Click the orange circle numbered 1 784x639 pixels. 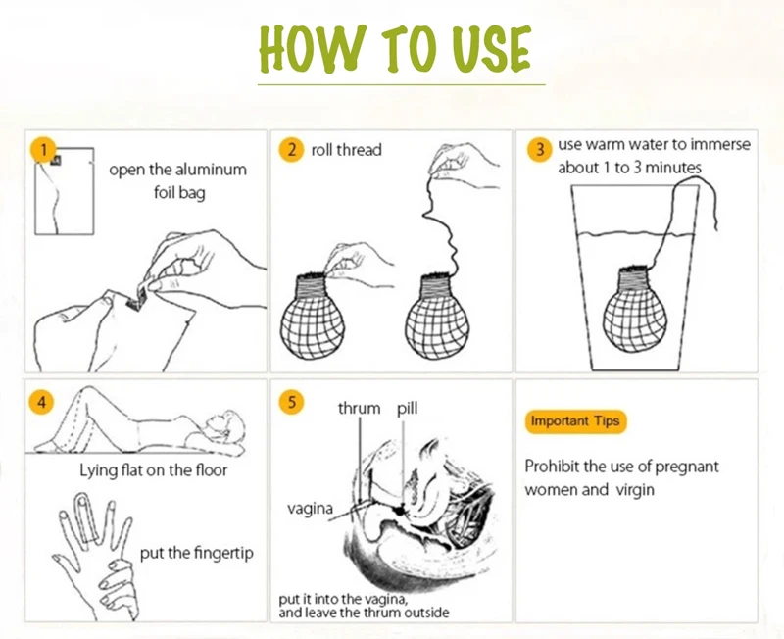coord(43,150)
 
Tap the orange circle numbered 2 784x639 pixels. coord(291,150)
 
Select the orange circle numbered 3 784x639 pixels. coord(540,149)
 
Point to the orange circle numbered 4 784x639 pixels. coord(42,402)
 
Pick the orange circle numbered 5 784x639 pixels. coord(291,402)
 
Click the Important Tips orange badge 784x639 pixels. coord(575,421)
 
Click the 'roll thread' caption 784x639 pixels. coord(347,150)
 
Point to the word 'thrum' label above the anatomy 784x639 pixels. coord(359,408)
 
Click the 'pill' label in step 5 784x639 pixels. coord(407,408)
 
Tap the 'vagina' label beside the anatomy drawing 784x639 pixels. coord(310,509)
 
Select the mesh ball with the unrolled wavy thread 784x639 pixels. coord(437,315)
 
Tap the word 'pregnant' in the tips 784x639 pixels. coord(687,467)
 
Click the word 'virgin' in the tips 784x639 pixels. coord(635,489)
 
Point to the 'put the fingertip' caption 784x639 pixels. coord(197,553)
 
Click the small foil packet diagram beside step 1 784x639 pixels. coord(64,191)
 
